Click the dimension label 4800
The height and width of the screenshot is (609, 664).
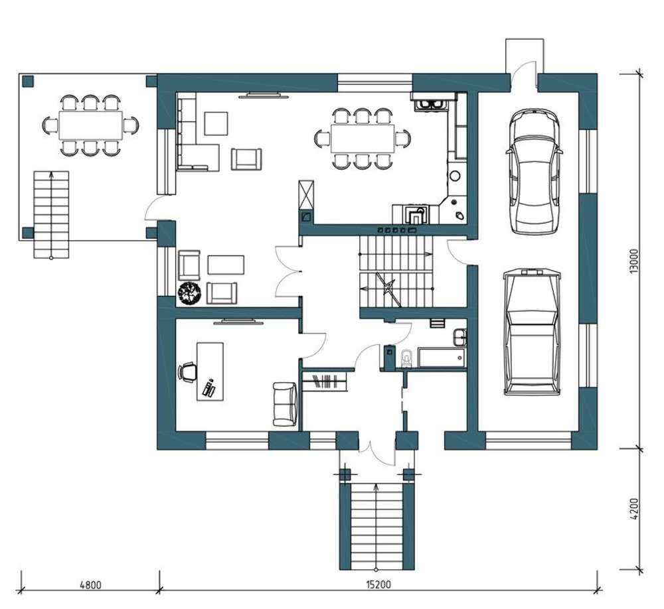tap(90, 585)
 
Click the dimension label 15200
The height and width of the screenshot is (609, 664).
tap(378, 585)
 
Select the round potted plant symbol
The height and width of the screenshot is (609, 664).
tap(189, 293)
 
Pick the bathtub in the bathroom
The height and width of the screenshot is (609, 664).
tap(442, 358)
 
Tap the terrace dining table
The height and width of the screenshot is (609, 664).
tap(90, 125)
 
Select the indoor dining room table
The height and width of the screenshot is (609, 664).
tap(363, 139)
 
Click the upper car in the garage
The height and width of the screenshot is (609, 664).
tap(534, 171)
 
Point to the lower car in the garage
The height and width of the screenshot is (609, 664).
tap(532, 332)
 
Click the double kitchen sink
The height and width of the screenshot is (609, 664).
tap(430, 103)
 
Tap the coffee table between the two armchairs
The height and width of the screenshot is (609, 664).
tap(226, 265)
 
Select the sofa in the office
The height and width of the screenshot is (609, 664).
tap(285, 404)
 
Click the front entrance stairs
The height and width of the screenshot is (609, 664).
tap(376, 527)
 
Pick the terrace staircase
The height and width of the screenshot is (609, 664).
tap(51, 214)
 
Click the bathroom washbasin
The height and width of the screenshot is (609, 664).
tap(460, 337)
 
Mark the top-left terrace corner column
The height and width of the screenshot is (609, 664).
tap(28, 81)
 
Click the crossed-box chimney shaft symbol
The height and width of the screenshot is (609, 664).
tap(306, 195)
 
